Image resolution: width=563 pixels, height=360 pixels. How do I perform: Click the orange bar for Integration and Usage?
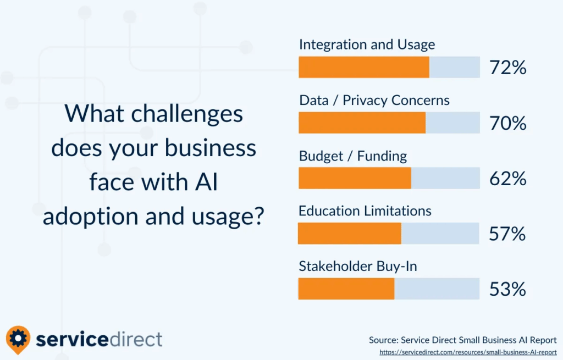[364, 67]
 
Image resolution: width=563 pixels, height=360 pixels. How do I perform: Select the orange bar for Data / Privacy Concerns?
[362, 123]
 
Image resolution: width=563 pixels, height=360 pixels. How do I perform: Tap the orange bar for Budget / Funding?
[355, 178]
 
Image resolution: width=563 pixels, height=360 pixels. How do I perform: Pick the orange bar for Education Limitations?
[349, 233]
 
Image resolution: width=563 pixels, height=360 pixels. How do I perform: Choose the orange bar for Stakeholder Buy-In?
[346, 289]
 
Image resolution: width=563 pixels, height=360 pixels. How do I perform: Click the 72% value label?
[507, 68]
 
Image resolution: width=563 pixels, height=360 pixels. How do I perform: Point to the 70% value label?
[507, 123]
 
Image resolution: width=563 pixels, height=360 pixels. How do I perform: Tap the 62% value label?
[507, 179]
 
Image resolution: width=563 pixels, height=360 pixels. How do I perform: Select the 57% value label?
[507, 234]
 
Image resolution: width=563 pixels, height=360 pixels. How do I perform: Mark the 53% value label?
[507, 289]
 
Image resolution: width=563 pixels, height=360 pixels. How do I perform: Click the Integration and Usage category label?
[367, 45]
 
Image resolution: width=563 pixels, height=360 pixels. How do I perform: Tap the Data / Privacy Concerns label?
[374, 101]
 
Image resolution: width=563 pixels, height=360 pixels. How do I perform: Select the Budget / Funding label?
[353, 156]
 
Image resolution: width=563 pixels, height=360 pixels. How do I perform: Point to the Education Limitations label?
[365, 211]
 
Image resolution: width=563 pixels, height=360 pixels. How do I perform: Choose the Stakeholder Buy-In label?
[357, 267]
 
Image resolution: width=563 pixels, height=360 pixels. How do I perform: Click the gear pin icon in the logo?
[18, 339]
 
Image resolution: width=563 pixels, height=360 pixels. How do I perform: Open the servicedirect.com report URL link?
[468, 352]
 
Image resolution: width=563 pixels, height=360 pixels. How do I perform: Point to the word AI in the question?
[207, 182]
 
